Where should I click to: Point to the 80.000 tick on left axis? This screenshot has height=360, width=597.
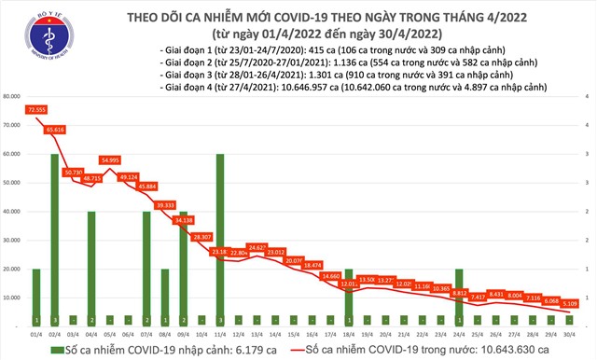(14, 96)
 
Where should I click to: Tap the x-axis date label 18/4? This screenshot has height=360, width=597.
(347, 333)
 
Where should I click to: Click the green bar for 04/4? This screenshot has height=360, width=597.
(91, 269)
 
